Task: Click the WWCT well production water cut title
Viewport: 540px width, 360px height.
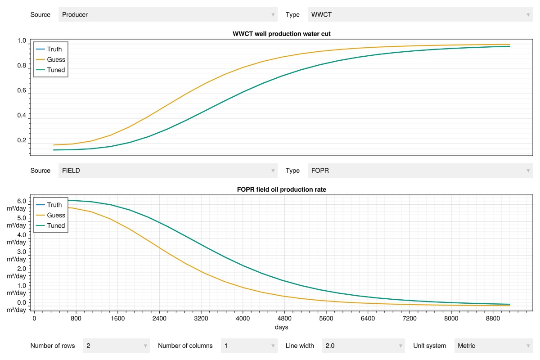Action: pos(281,34)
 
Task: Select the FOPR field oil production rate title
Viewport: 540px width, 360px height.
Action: pos(281,189)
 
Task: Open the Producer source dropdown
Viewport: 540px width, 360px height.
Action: pos(168,14)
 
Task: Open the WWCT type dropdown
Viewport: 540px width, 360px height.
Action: pos(420,14)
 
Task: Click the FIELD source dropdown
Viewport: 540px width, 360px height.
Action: pos(168,171)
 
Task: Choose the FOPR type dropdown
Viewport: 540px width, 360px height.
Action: pos(420,171)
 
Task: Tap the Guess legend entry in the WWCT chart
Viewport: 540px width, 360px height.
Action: pos(50,59)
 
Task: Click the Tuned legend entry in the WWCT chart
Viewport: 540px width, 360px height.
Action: pos(50,70)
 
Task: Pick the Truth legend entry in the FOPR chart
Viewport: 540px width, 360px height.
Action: pos(49,205)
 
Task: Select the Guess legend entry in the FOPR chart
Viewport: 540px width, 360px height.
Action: pos(50,215)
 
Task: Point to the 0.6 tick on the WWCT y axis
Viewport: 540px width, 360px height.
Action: pos(22,90)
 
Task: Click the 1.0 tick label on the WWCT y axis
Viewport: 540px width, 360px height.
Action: pos(22,40)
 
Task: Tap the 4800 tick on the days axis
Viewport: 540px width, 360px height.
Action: pos(284,319)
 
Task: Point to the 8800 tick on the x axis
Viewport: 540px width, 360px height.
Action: pos(493,319)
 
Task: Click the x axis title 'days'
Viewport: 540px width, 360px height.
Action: pos(281,327)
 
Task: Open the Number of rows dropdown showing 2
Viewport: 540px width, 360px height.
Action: pos(117,346)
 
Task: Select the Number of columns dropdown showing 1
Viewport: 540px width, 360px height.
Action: pos(249,346)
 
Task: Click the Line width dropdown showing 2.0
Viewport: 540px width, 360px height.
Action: pos(363,346)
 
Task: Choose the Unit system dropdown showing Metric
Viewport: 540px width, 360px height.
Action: pos(494,346)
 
